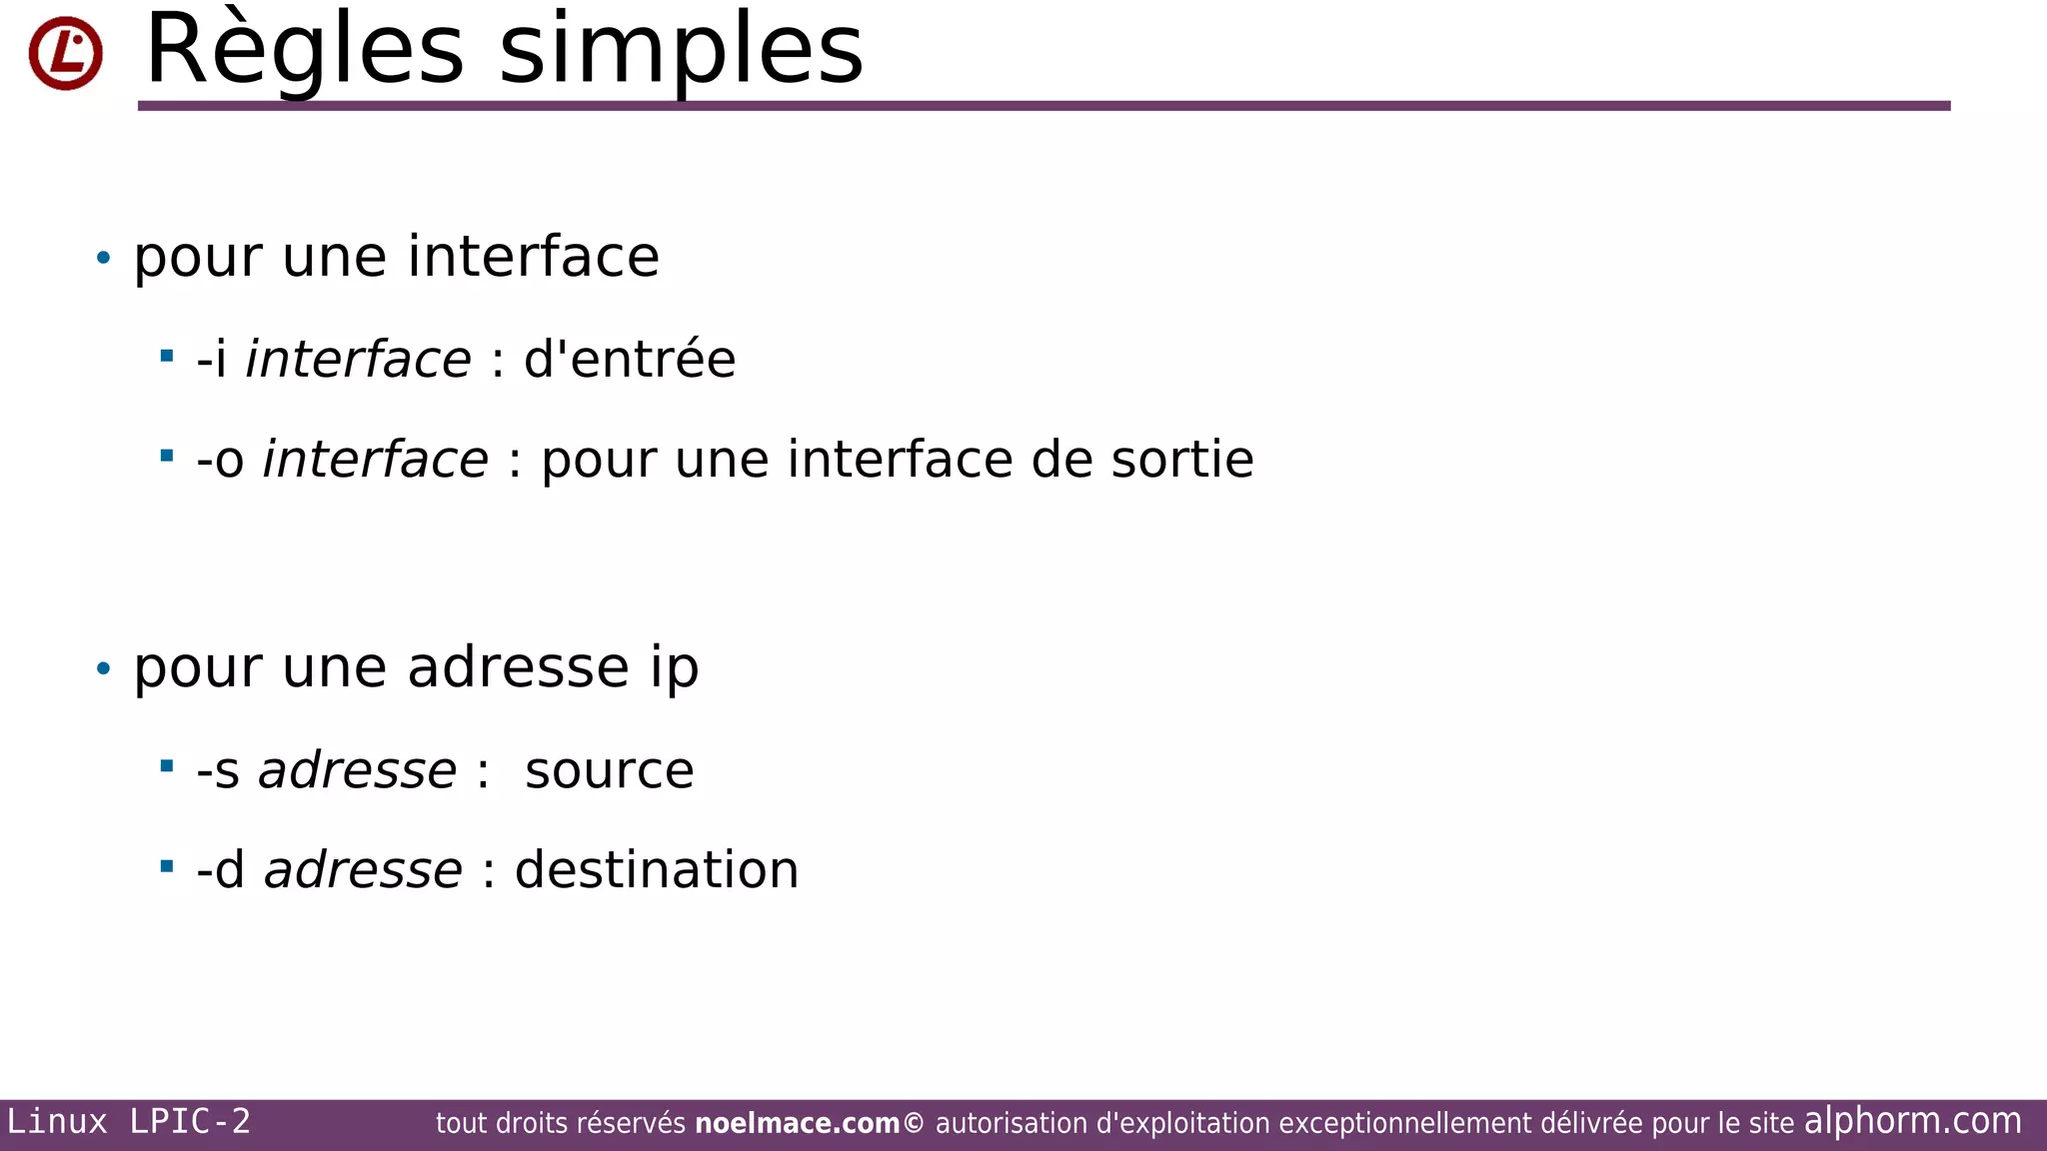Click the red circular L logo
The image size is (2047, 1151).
(65, 53)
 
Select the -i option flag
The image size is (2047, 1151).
(212, 360)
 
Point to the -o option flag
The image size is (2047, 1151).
(220, 460)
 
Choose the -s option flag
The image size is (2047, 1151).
(218, 770)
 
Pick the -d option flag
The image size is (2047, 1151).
(221, 869)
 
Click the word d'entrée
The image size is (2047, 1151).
(630, 360)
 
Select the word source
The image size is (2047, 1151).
(609, 770)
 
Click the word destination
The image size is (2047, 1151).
(657, 869)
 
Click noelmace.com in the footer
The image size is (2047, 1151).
(797, 1124)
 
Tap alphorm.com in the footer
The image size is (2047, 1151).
(1912, 1121)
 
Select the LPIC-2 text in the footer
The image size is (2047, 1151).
(190, 1122)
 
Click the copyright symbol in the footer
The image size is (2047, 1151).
(914, 1124)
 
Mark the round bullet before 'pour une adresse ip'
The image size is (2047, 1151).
(103, 667)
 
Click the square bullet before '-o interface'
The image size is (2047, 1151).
(167, 457)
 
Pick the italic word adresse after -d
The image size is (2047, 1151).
(363, 869)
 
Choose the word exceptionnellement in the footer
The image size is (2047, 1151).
(1405, 1124)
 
